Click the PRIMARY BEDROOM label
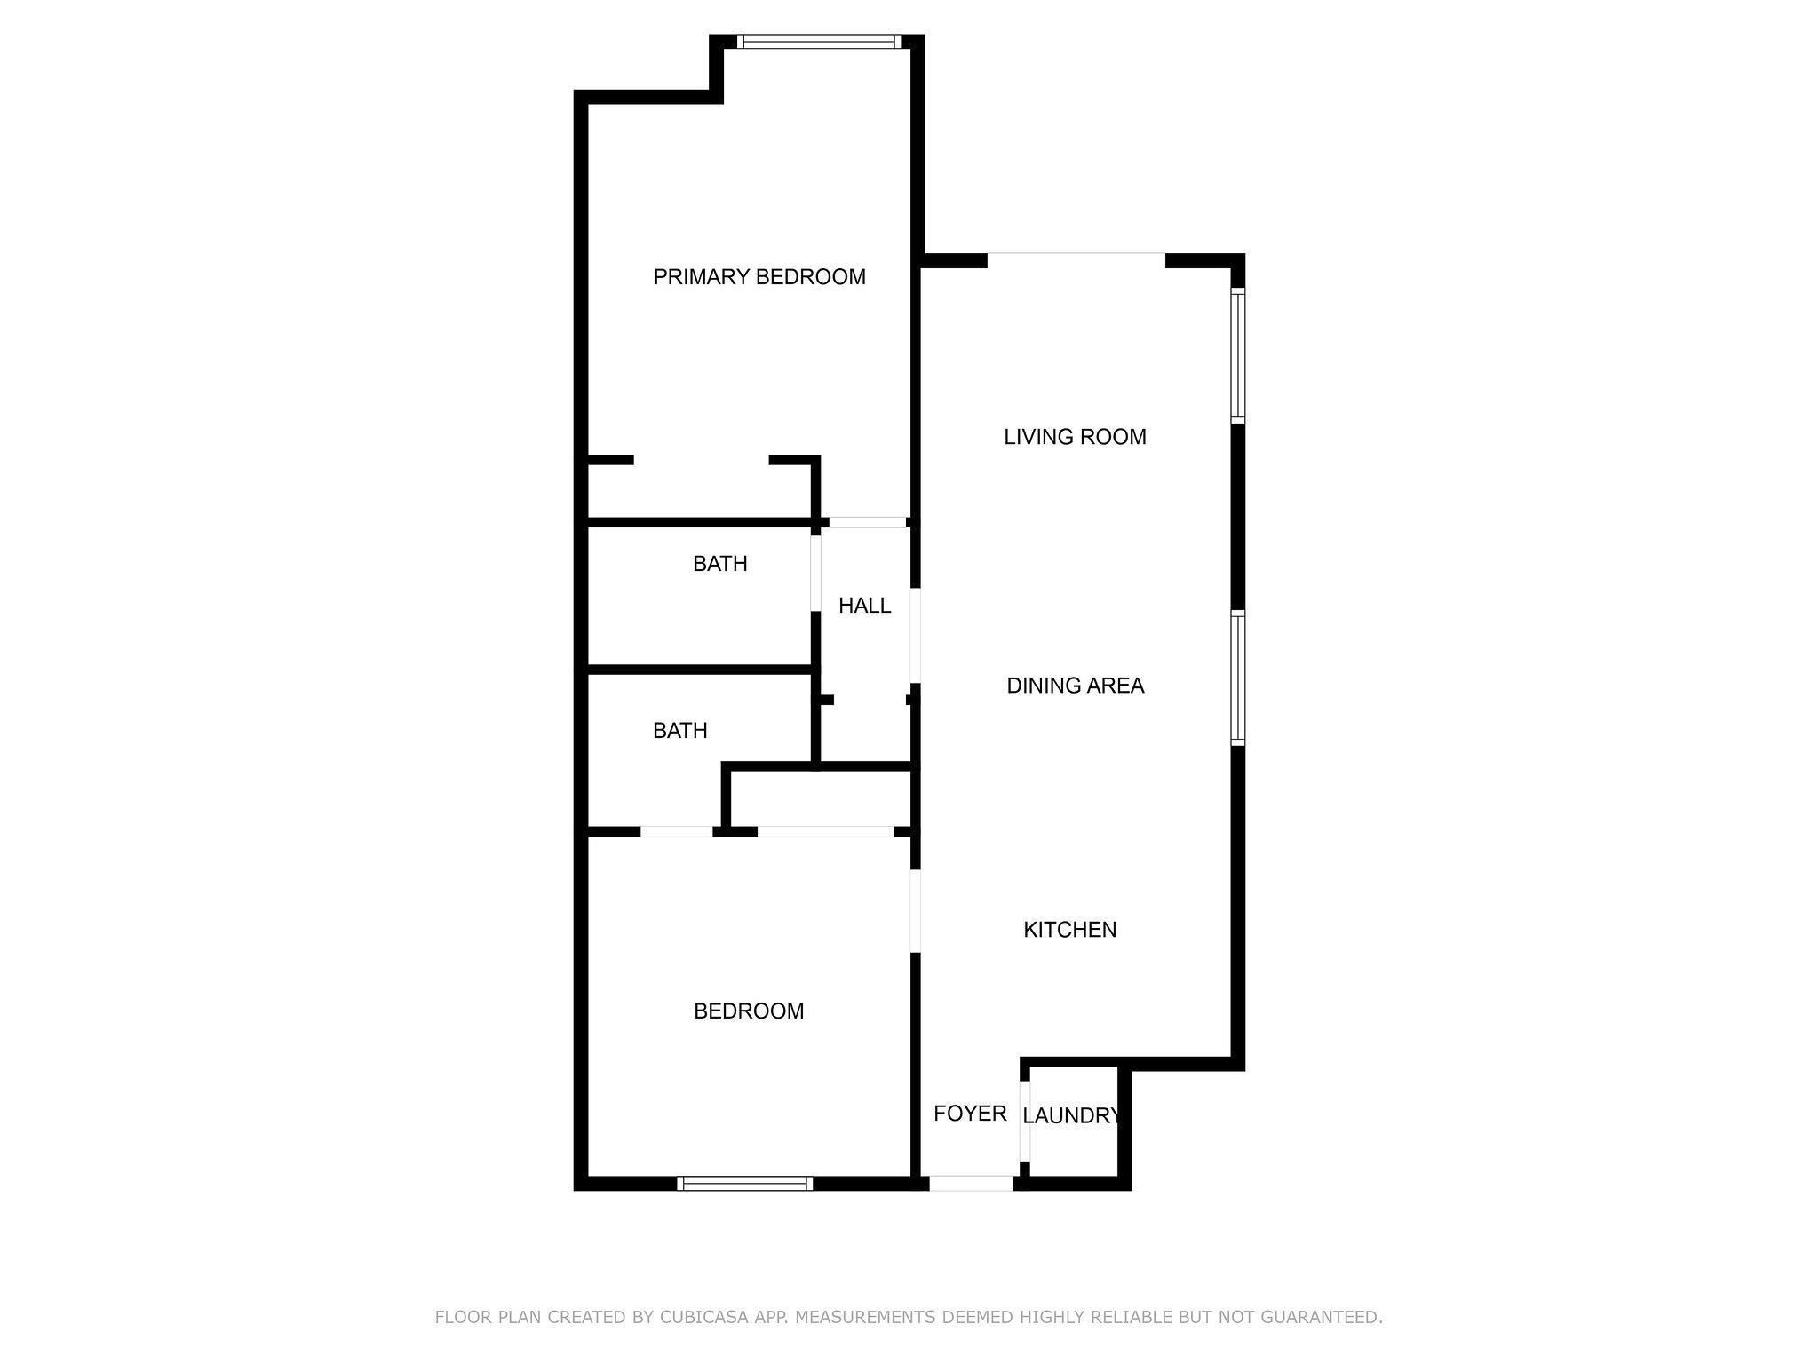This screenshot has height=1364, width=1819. pos(759,277)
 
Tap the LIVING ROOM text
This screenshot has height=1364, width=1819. pos(1075,437)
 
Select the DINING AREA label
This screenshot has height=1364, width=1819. pos(1075,686)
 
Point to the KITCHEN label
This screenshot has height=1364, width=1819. pos(1070,930)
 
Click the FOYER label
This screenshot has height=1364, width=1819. pos(970,1114)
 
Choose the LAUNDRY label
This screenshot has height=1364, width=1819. pos(1071,1116)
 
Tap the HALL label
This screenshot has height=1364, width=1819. pos(864,606)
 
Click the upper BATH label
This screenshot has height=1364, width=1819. pos(720,564)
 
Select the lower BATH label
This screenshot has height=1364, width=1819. pos(680,731)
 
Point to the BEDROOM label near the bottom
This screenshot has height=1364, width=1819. pos(749,1011)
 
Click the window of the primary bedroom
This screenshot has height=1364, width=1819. pos(818,41)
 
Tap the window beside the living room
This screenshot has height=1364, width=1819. pos(1237,354)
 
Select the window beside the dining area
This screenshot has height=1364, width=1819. pos(1237,678)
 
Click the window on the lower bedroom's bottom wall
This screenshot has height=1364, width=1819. pos(744,1183)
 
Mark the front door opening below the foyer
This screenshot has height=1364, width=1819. pos(971,1183)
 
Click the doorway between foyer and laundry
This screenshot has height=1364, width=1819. pos(1024,1121)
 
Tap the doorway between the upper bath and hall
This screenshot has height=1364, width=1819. pos(815,573)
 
